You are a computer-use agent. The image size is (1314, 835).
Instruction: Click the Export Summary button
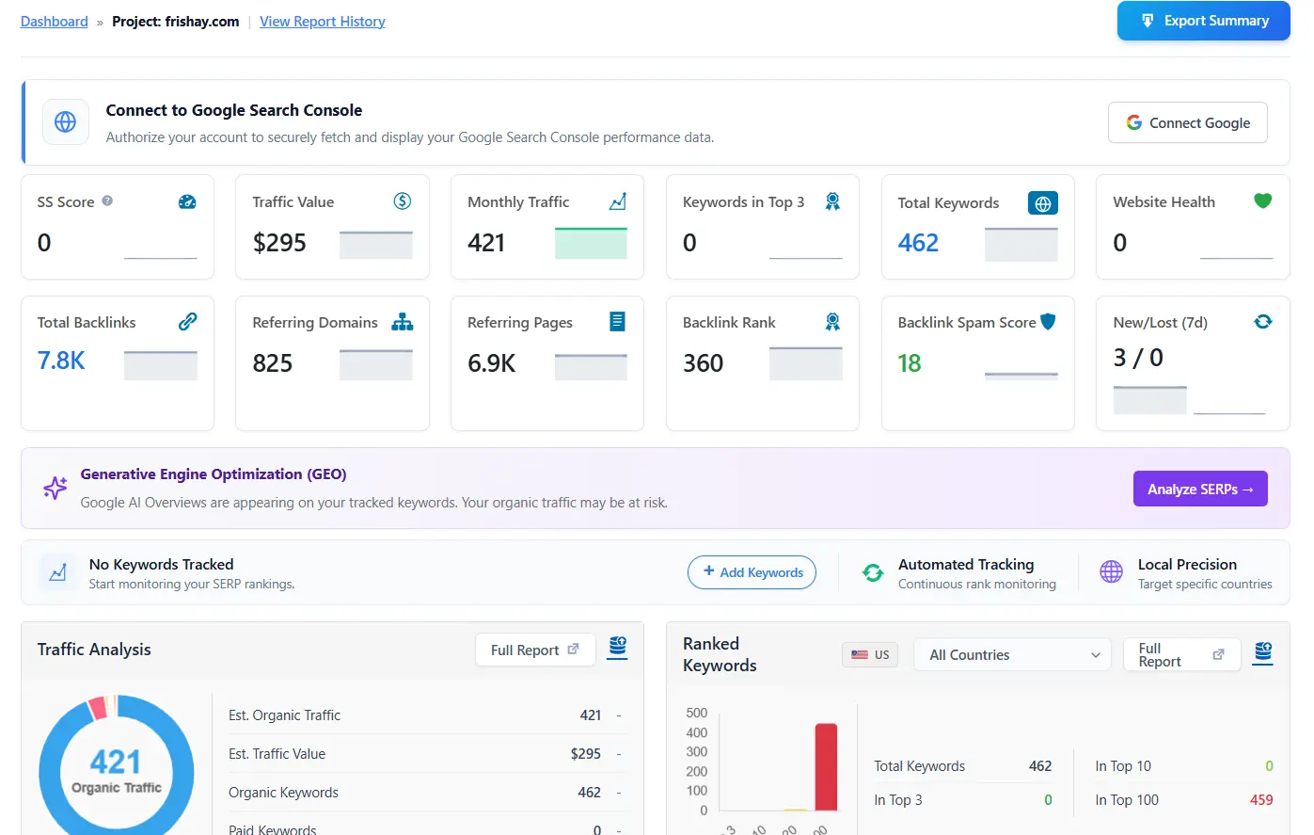click(x=1203, y=21)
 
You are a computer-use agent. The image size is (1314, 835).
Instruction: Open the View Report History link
click(x=322, y=22)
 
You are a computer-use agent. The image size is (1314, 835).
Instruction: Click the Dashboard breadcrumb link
click(x=54, y=22)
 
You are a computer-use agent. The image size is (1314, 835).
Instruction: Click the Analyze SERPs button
click(x=1199, y=489)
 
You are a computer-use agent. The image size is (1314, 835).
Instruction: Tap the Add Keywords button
click(x=752, y=572)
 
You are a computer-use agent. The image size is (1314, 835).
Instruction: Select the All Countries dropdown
click(x=1012, y=654)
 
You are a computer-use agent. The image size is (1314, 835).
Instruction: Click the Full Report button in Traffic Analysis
click(x=534, y=650)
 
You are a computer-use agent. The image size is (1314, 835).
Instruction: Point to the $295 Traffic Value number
click(x=279, y=243)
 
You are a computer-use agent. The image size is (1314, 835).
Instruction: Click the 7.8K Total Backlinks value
click(x=61, y=361)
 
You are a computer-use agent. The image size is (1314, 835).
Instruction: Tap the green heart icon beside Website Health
click(x=1262, y=201)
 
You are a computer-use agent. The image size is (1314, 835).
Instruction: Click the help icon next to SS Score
click(x=107, y=201)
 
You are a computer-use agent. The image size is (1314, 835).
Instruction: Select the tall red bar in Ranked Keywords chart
click(x=826, y=766)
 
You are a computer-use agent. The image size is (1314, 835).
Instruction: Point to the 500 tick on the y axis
click(x=696, y=713)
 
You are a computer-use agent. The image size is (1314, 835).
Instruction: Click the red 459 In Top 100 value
click(x=1260, y=800)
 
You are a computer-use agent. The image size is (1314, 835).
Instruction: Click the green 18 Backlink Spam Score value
click(x=909, y=363)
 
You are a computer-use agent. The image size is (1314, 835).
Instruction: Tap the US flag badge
click(x=870, y=654)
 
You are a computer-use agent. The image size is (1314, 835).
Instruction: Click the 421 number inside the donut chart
click(x=116, y=761)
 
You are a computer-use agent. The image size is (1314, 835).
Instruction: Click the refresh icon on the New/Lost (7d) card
click(x=1262, y=322)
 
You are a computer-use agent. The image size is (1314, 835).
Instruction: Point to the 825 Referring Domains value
click(x=273, y=363)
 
